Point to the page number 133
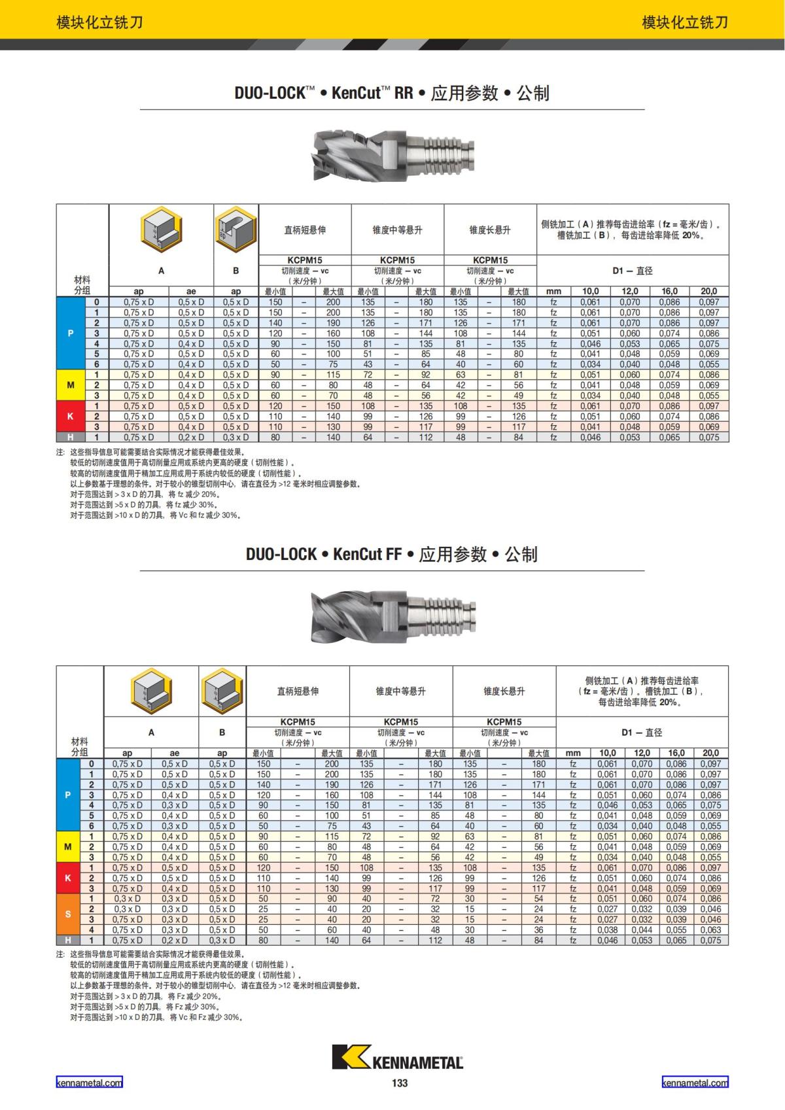pyautogui.click(x=400, y=1083)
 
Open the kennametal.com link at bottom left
pyautogui.click(x=89, y=1083)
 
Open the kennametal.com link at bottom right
pyautogui.click(x=695, y=1083)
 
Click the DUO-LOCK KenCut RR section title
pyautogui.click(x=392, y=93)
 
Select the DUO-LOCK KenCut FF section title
pyautogui.click(x=392, y=554)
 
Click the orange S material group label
pyautogui.click(x=68, y=914)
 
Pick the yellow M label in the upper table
pyautogui.click(x=71, y=385)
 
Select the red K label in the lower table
pyautogui.click(x=68, y=878)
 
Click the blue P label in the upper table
pyautogui.click(x=71, y=333)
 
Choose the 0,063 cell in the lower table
pyautogui.click(x=710, y=929)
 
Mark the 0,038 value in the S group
pyautogui.click(x=607, y=929)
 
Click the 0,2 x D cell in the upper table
pyautogui.click(x=191, y=437)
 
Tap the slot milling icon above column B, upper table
pyautogui.click(x=235, y=230)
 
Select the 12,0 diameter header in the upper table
pyautogui.click(x=630, y=291)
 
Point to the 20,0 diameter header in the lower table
pyautogui.click(x=710, y=753)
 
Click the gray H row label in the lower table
pyautogui.click(x=68, y=940)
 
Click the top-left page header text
pyautogui.click(x=99, y=23)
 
